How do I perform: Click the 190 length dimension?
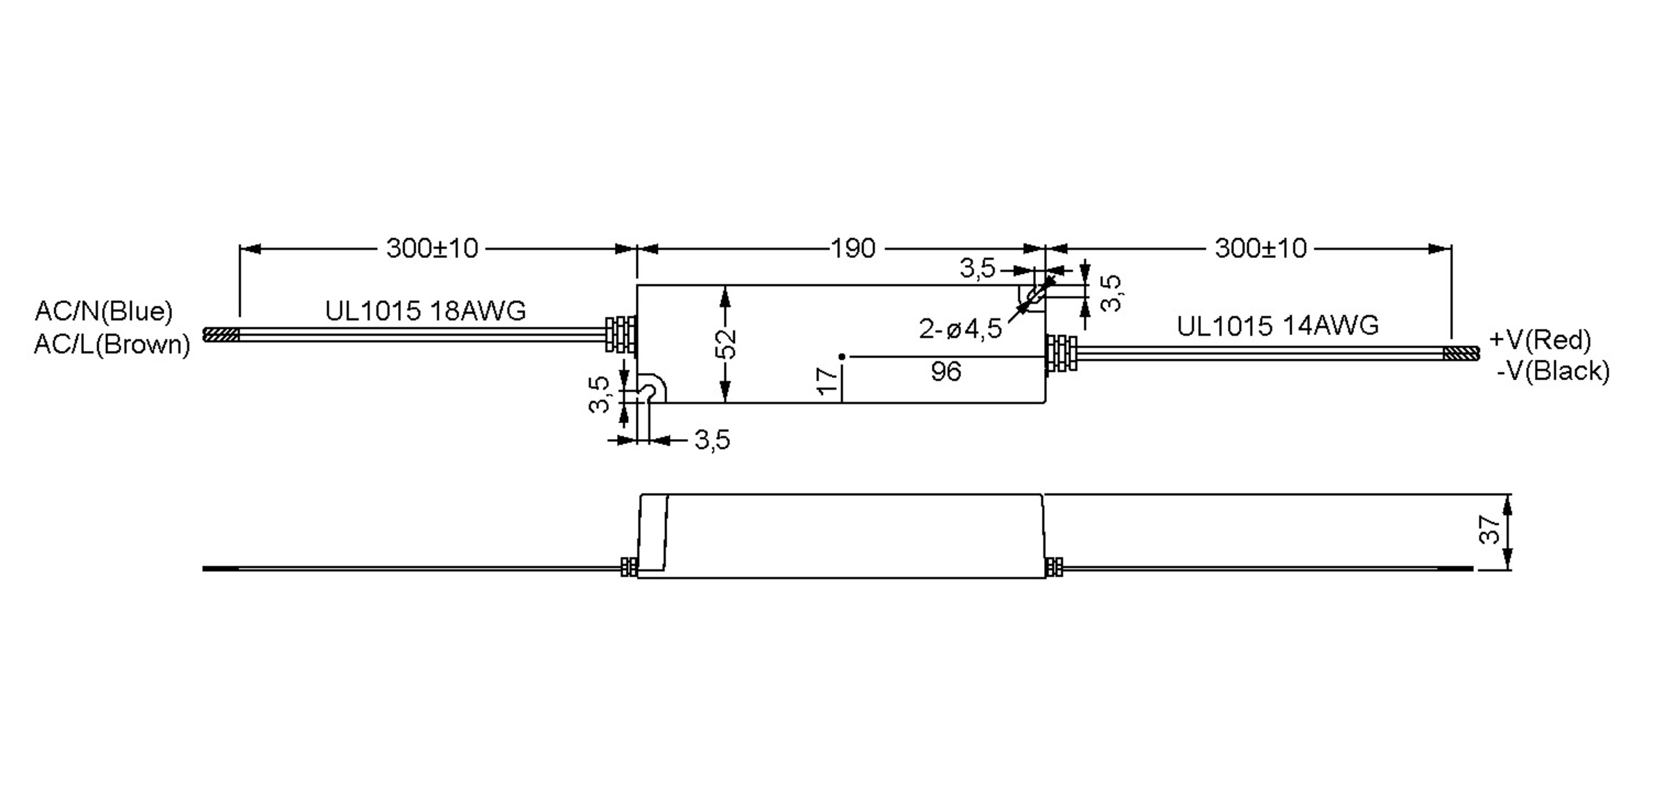pos(853,248)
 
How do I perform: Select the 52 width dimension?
pos(726,344)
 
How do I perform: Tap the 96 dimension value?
pos(946,372)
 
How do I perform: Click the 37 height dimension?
pos(1489,530)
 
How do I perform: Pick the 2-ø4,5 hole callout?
pos(960,329)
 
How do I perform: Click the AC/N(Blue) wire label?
pos(103,311)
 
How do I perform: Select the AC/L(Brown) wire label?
pos(112,344)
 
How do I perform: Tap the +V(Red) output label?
pos(1539,340)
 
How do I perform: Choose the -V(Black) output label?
pos(1553,371)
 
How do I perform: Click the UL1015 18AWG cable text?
pos(425,311)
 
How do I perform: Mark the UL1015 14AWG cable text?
pos(1277,326)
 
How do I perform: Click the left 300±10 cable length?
pos(432,248)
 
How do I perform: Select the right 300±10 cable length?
pos(1260,248)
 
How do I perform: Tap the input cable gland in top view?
pos(621,335)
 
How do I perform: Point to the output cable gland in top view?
pos(1061,353)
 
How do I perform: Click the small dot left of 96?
pos(842,357)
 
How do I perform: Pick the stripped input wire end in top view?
pos(220,335)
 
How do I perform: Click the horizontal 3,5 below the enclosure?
pos(712,440)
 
